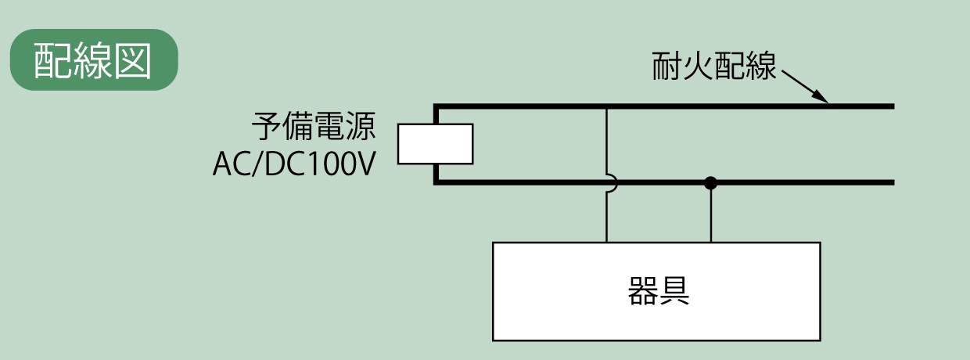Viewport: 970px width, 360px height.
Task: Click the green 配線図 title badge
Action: (x=94, y=59)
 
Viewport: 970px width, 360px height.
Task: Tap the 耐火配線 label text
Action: (x=714, y=67)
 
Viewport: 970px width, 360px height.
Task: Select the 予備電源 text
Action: (x=313, y=125)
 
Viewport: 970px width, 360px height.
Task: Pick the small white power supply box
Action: (x=435, y=144)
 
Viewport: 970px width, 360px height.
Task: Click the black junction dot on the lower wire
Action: (x=710, y=183)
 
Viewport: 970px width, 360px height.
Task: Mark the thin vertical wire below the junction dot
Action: (x=710, y=215)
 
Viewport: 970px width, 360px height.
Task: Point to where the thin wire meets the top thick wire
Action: (x=606, y=106)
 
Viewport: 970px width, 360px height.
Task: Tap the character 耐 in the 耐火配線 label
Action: (x=666, y=67)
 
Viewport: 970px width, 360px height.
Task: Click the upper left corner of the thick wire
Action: (x=436, y=106)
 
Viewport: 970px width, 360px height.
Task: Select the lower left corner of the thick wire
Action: (x=436, y=182)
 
